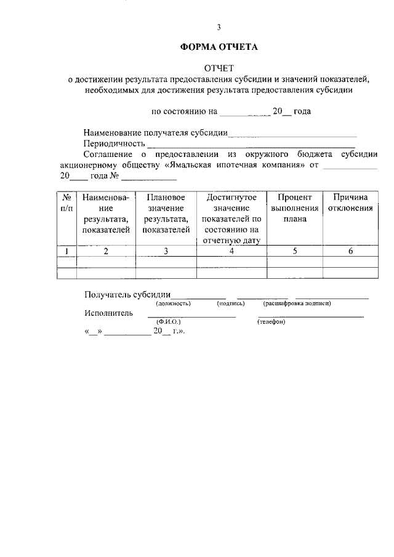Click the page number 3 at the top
click(x=219, y=27)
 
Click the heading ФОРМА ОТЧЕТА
click(x=219, y=47)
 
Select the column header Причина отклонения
click(x=350, y=202)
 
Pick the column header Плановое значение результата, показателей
click(x=166, y=214)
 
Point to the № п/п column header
click(x=66, y=202)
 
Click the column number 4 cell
click(x=231, y=250)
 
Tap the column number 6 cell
click(x=350, y=250)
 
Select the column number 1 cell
click(x=66, y=250)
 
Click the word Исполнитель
click(x=108, y=313)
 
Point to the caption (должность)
click(x=173, y=303)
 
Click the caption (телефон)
click(x=271, y=322)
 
